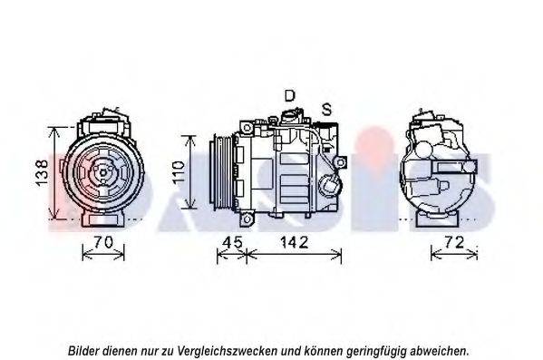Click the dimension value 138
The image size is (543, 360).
tap(42, 172)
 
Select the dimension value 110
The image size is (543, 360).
tap(179, 172)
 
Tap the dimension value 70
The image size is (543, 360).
tap(103, 242)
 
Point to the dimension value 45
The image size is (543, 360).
tap(233, 242)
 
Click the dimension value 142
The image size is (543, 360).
tap(294, 242)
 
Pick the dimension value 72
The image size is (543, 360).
tap(453, 242)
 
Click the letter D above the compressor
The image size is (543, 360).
tap(289, 95)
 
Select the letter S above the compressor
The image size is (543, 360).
tap(326, 110)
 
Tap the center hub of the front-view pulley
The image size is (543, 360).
tap(103, 172)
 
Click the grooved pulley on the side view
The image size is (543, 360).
tap(221, 172)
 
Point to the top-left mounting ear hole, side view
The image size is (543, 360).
tap(247, 128)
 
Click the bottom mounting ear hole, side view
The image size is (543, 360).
tap(247, 219)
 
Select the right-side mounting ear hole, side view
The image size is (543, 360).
tap(341, 162)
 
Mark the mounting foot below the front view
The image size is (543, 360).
tap(102, 219)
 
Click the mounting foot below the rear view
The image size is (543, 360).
tap(437, 219)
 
